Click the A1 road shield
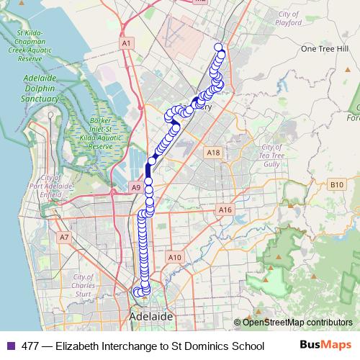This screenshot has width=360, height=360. pos(127,44)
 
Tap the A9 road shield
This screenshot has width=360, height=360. pos(135,187)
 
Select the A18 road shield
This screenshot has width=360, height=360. pos(212,153)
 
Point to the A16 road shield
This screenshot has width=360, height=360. pos(225,210)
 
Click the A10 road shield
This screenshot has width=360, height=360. pos(174,257)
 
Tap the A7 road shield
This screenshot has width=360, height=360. pos(64,237)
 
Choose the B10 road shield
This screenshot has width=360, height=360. pos(336,185)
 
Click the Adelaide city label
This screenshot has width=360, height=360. pos(150,316)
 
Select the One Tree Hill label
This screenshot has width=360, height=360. pos(319,49)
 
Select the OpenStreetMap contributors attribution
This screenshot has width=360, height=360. pos(293,323)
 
